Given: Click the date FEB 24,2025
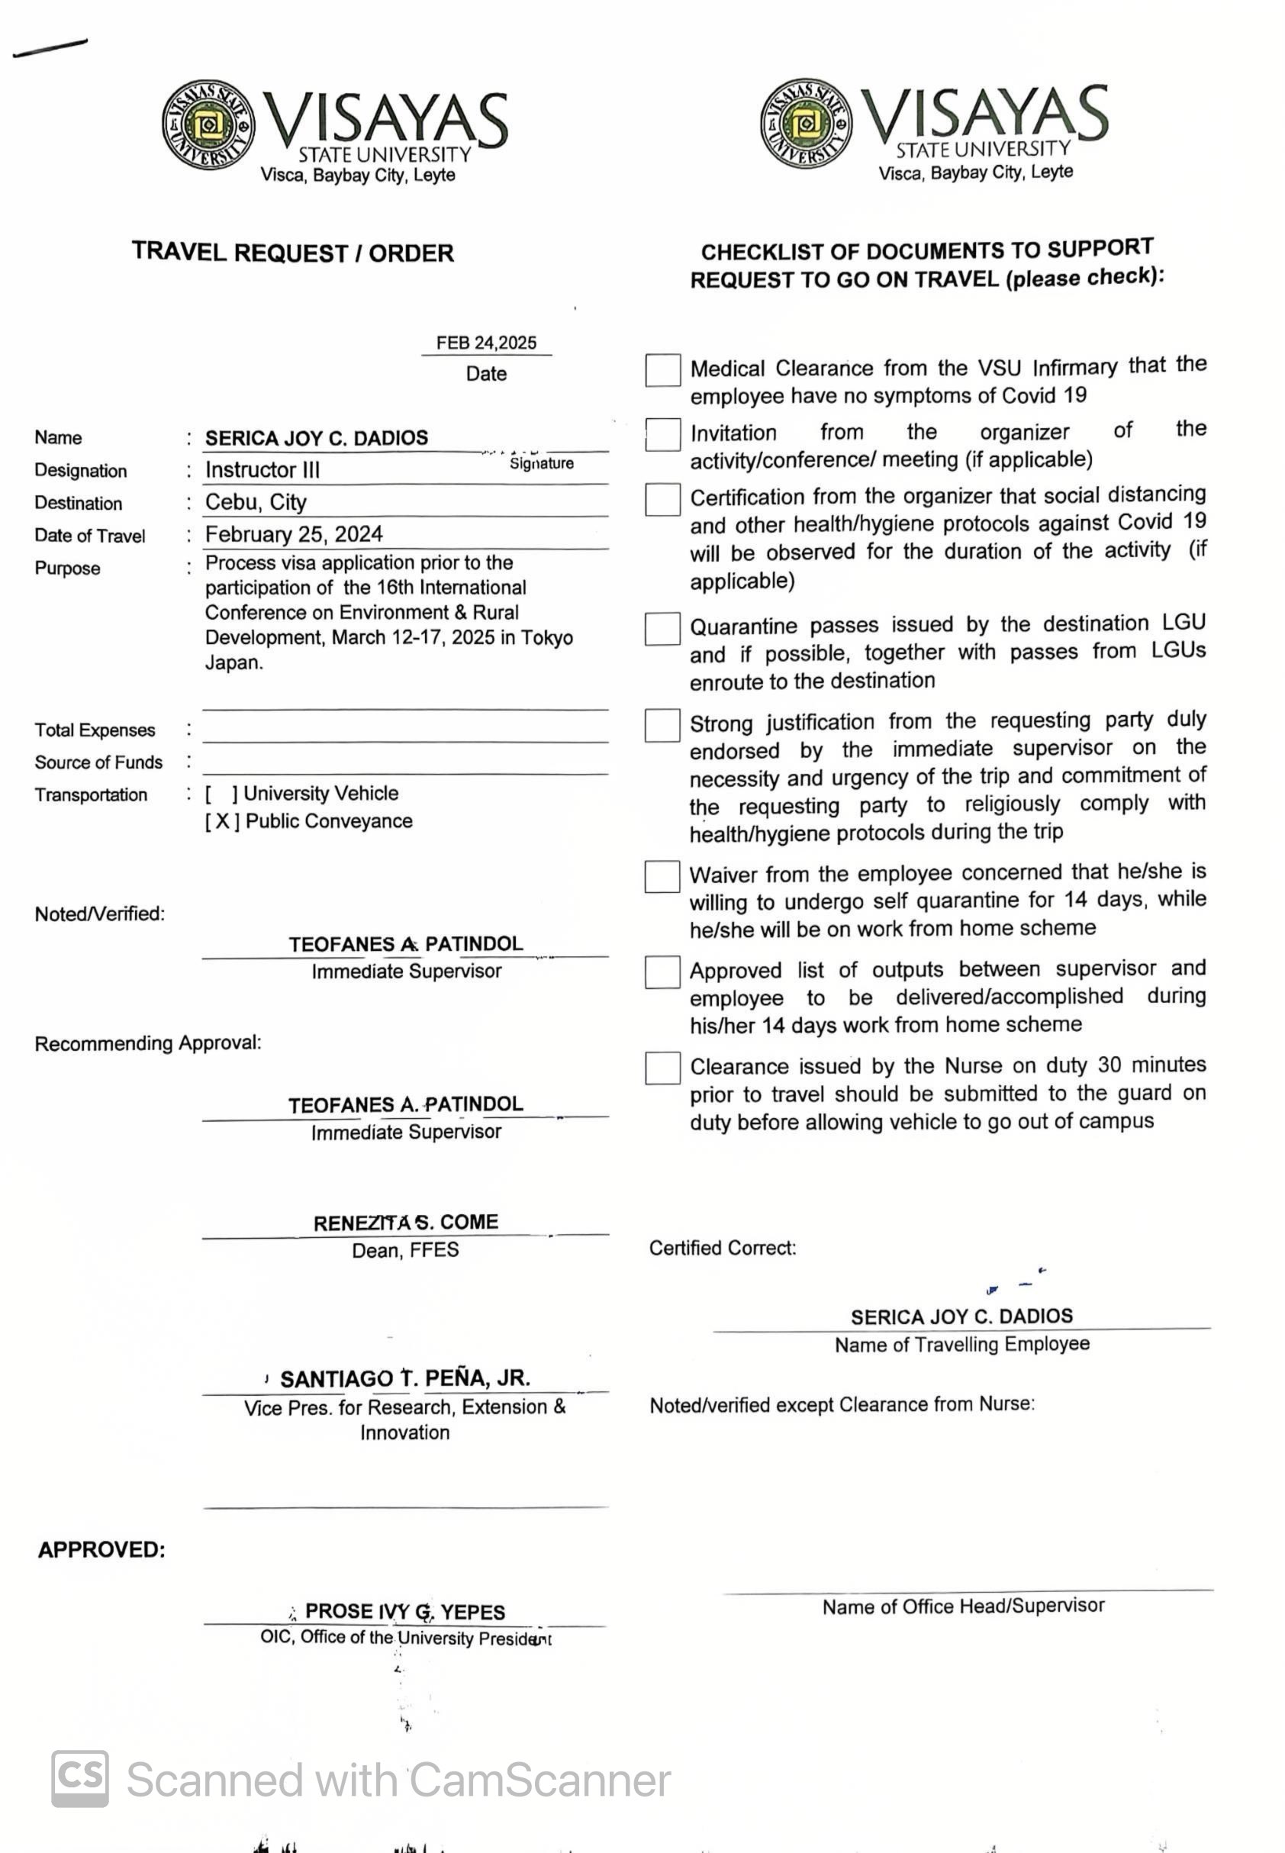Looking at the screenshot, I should [x=486, y=343].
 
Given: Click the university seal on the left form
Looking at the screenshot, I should [x=208, y=125].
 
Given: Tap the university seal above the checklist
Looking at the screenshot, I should [x=806, y=123].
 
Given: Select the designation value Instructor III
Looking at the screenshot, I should [x=262, y=470].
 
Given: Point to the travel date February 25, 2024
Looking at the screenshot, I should [x=294, y=535].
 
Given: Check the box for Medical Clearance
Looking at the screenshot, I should [x=662, y=370].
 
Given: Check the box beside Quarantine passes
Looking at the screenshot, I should [x=662, y=629].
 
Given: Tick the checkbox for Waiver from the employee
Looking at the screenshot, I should [x=662, y=877].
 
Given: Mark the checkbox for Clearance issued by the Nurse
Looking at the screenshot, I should [x=662, y=1068].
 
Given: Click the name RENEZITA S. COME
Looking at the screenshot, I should [x=406, y=1223].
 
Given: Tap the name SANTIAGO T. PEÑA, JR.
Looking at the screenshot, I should [x=405, y=1378].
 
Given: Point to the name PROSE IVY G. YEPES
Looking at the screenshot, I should [x=405, y=1611].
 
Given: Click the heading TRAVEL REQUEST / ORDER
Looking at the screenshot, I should [x=293, y=253].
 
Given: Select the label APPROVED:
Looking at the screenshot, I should [x=101, y=1550].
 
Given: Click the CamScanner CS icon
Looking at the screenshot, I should [x=79, y=1779].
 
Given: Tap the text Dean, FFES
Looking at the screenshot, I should [x=405, y=1251].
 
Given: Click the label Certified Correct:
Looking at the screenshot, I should [x=722, y=1249].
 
